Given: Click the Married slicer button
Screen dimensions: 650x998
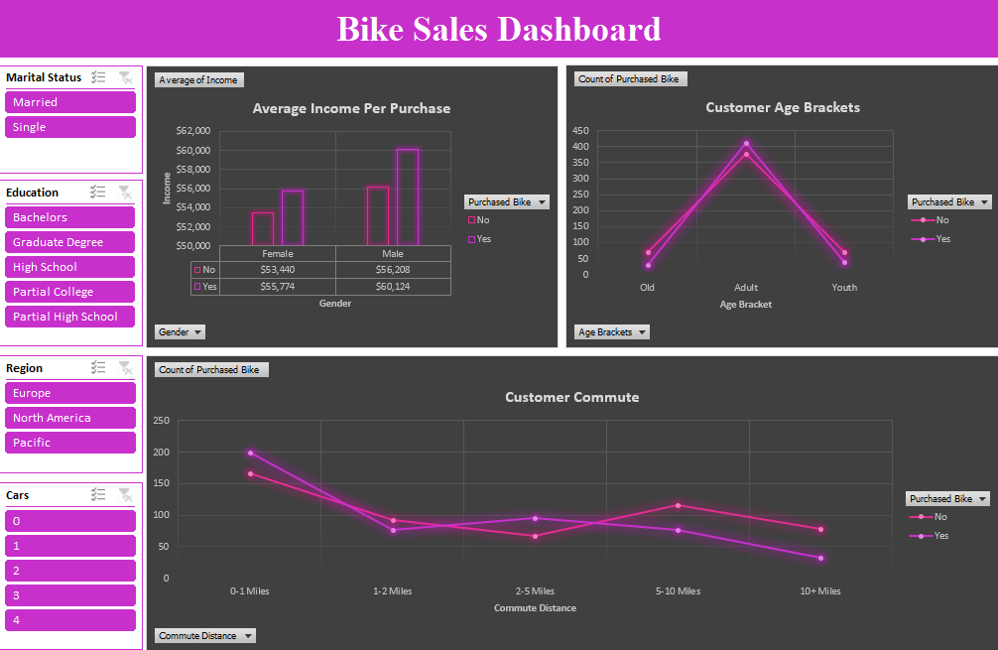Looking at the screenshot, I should (69, 102).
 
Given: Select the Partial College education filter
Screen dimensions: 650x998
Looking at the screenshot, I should (69, 292).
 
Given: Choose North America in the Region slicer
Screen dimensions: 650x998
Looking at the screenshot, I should (69, 418).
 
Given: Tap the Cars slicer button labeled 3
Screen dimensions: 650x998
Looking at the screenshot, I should (69, 595).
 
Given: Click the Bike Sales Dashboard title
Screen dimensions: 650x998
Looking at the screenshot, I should (498, 29).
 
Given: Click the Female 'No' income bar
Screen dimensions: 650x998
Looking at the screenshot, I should (262, 228).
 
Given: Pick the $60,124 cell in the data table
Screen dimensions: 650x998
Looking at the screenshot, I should (393, 286).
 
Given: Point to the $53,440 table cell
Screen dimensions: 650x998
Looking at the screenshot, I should (277, 269).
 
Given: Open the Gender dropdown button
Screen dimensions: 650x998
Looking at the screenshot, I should (181, 331).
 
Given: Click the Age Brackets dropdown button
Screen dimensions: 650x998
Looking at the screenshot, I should (611, 331).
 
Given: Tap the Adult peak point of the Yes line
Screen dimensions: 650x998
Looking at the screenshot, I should (746, 143).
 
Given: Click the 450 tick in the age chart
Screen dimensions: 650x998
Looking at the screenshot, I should (580, 130).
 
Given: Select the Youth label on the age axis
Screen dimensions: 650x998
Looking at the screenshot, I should (844, 288).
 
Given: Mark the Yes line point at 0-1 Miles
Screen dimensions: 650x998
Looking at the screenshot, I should (250, 453).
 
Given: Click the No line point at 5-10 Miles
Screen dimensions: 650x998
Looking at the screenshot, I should (678, 505).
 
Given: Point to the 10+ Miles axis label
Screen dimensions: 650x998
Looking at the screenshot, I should (820, 591).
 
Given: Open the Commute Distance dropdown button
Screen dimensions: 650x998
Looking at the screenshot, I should (204, 635).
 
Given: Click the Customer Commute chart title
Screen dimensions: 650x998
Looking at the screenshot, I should (571, 397).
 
